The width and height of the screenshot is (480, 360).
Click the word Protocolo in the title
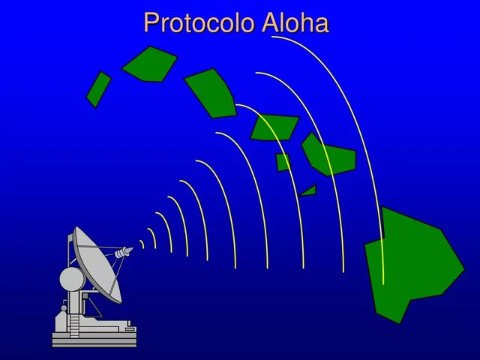[x=199, y=23]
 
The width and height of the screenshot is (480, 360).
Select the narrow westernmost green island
[x=98, y=89]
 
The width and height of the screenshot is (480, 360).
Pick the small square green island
[x=283, y=162]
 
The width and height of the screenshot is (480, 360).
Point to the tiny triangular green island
[x=309, y=191]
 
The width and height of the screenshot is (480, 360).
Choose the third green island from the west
[x=212, y=93]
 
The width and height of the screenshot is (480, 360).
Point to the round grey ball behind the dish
[x=72, y=279]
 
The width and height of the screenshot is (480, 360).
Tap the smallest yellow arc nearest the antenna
[x=142, y=244]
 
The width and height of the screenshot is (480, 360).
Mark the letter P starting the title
[x=151, y=23]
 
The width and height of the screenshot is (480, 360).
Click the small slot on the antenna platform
[x=129, y=329]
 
